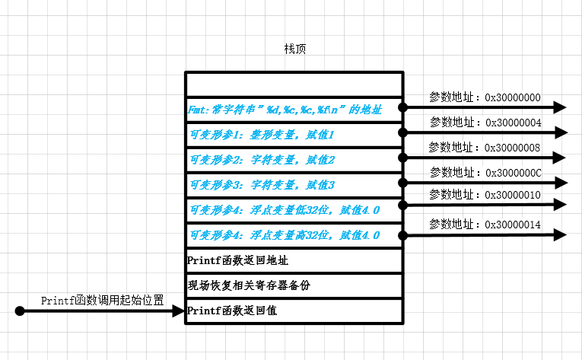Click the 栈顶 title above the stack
coord(295,49)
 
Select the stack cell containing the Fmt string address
coord(294,110)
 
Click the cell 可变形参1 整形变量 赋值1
coord(294,135)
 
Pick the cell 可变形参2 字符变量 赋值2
coord(294,161)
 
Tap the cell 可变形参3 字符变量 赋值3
coord(294,185)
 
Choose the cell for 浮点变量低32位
coord(294,210)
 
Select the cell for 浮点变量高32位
coord(294,235)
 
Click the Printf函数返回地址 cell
coord(294,260)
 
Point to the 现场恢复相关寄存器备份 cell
coord(294,285)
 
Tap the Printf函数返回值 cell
coord(294,311)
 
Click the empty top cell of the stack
coord(294,84)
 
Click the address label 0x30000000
coord(485,97)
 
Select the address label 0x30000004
coord(485,122)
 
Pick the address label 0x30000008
coord(485,146)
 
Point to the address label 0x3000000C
coord(485,172)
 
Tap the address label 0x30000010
coord(485,196)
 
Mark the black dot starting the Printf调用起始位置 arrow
coord(20,311)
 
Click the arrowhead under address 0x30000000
coord(560,107)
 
